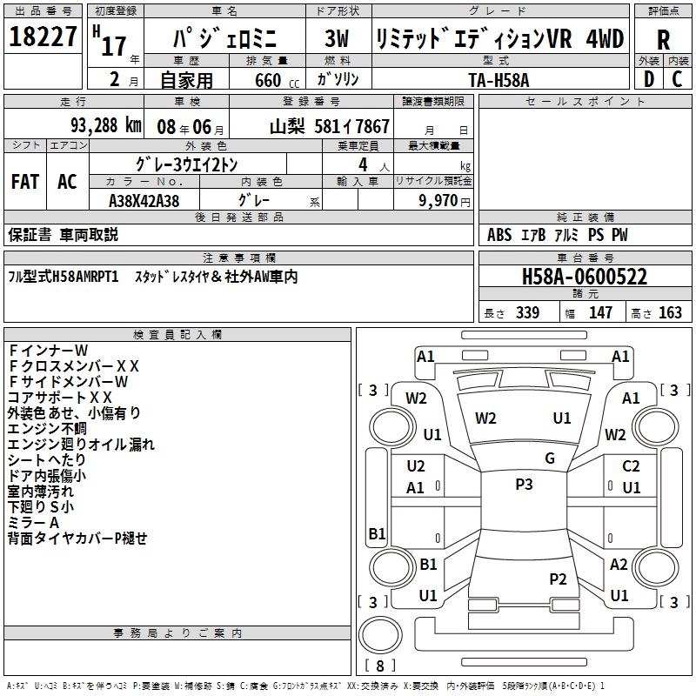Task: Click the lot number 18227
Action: click(x=43, y=37)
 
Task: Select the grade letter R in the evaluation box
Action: click(x=663, y=40)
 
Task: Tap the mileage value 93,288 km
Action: click(x=105, y=125)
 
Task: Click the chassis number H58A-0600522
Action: click(x=584, y=277)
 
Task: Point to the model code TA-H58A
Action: click(x=499, y=80)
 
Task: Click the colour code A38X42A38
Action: click(x=144, y=201)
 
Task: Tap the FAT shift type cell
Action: click(x=25, y=182)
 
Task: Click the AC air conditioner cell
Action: click(x=67, y=182)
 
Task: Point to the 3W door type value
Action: click(x=337, y=38)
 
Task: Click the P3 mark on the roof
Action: click(x=524, y=484)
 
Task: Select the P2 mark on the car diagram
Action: click(x=558, y=579)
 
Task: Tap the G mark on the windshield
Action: click(x=550, y=458)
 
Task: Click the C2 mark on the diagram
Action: click(x=631, y=466)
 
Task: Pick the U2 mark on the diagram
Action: click(x=416, y=466)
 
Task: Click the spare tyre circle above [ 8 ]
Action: click(x=380, y=635)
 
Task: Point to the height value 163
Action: click(x=670, y=312)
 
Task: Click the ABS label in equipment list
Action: click(x=499, y=235)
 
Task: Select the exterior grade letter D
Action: click(x=649, y=79)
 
